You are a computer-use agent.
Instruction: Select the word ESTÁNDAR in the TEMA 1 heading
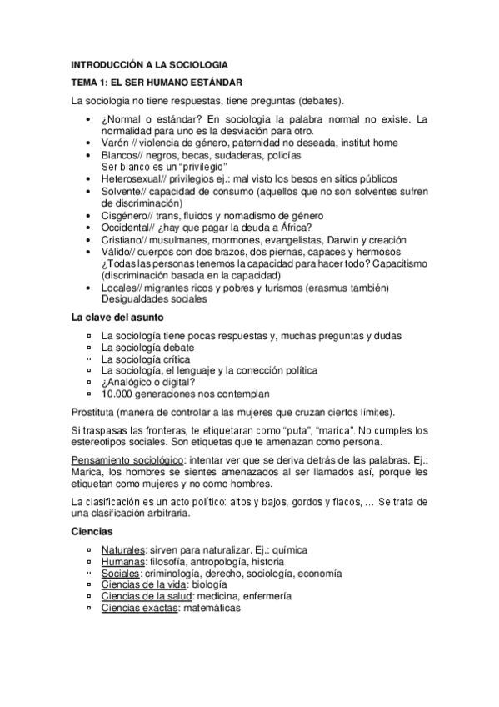[x=214, y=83]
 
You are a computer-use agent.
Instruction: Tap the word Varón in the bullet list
[x=115, y=143]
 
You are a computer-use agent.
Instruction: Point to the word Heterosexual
[x=134, y=178]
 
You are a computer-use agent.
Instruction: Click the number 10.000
[x=118, y=394]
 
